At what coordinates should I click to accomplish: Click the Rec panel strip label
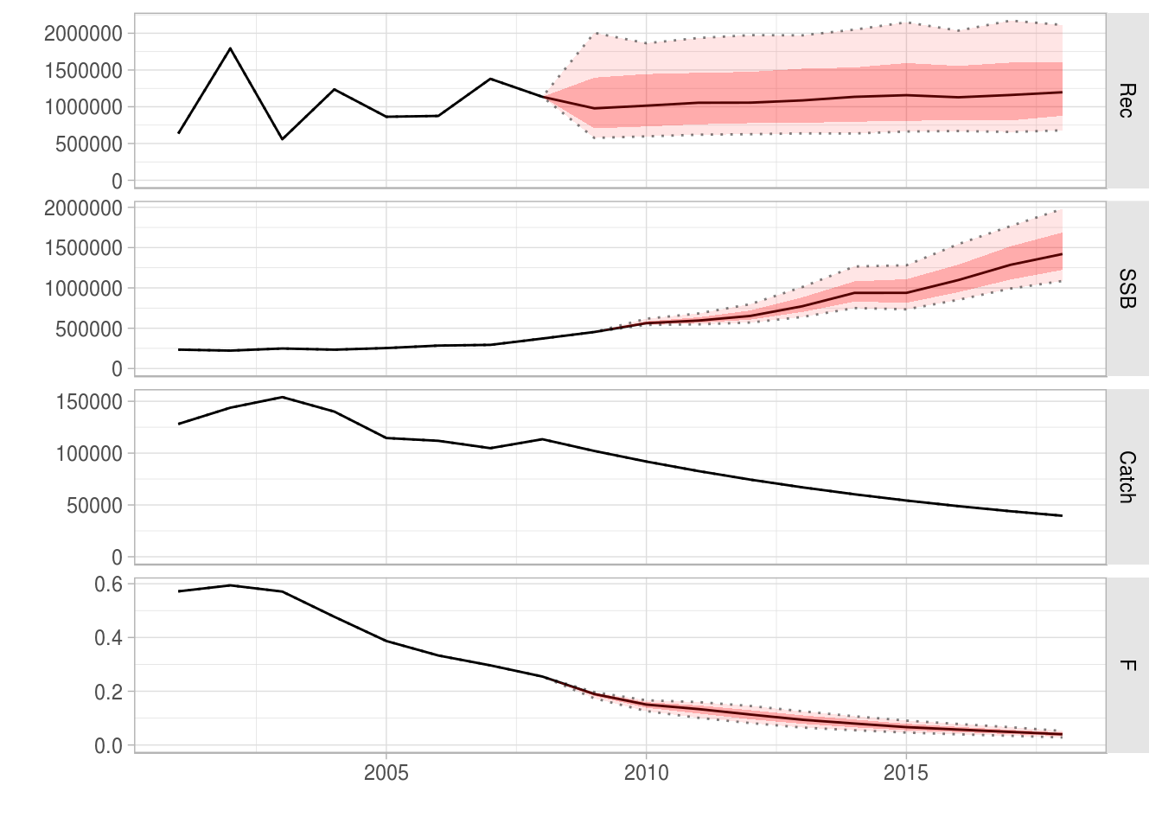pos(1126,100)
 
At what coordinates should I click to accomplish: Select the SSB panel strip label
pos(1126,289)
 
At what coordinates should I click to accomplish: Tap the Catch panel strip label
pos(1126,477)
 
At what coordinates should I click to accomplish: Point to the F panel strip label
pos(1126,666)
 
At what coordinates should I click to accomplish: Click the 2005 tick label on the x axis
pos(386,773)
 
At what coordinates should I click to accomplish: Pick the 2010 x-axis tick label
pos(646,773)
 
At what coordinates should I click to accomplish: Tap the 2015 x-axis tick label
pos(905,773)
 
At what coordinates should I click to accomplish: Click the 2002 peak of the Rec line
pos(230,48)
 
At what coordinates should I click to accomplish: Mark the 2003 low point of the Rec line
pos(282,139)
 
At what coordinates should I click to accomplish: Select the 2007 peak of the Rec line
pos(490,79)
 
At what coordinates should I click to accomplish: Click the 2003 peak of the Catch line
pos(282,398)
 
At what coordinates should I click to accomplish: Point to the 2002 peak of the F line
pos(230,585)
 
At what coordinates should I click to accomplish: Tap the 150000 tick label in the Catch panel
pos(89,402)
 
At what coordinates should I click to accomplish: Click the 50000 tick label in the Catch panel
pos(94,506)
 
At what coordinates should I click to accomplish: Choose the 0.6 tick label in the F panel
pos(108,584)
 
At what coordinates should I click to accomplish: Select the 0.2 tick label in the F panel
pos(108,693)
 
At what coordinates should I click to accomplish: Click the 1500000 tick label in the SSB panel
pos(83,249)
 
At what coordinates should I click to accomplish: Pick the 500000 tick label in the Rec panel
pos(89,144)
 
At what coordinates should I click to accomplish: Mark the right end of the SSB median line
pos(1062,254)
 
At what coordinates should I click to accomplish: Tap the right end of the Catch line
pos(1062,516)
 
